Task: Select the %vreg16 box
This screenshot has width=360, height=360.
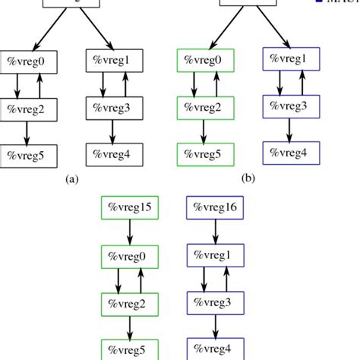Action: (216, 207)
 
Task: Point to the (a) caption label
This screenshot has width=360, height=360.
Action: (72, 180)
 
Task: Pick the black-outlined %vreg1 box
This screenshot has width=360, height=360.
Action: (113, 61)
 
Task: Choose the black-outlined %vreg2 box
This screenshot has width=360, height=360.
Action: (27, 109)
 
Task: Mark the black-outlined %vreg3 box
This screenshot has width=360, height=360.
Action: (113, 108)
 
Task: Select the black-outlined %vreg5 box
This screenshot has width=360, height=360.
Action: (27, 156)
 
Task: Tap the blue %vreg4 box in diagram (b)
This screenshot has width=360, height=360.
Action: (288, 152)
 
